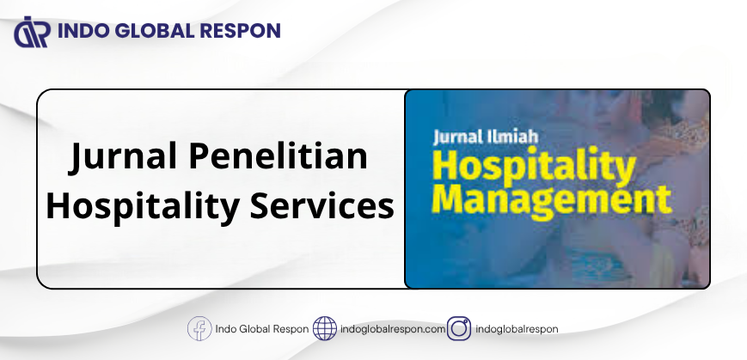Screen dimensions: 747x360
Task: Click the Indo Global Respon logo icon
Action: point(33,32)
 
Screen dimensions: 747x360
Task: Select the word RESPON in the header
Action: point(240,31)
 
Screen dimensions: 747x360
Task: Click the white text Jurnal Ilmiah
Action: point(486,137)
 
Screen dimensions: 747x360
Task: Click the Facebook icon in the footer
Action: point(199,328)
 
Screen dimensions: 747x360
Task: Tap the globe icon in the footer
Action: point(325,328)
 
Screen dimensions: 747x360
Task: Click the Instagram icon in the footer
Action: point(459,328)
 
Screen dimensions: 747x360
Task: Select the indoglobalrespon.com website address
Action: point(393,329)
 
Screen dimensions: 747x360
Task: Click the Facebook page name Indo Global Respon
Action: point(262,329)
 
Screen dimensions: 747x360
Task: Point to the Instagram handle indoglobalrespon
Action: point(517,329)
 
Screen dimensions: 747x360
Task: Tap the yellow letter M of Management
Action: point(449,198)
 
